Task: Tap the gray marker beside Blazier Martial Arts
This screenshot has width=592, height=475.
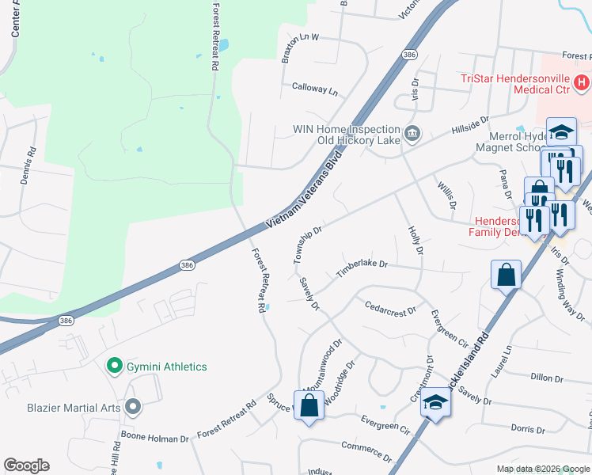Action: click(x=132, y=408)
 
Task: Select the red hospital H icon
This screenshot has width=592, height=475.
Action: click(x=582, y=82)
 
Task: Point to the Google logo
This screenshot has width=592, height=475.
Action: click(x=26, y=465)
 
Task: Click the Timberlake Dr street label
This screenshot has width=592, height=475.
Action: click(x=362, y=268)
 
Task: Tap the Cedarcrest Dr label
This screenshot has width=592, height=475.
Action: click(x=390, y=308)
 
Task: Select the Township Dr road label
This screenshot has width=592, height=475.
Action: click(x=307, y=245)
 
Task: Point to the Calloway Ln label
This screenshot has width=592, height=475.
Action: click(x=314, y=89)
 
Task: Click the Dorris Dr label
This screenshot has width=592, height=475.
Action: click(x=529, y=428)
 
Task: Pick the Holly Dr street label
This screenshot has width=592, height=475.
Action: click(x=416, y=240)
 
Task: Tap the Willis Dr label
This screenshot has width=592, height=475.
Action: click(x=447, y=194)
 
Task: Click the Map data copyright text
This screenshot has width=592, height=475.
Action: click(x=542, y=469)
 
